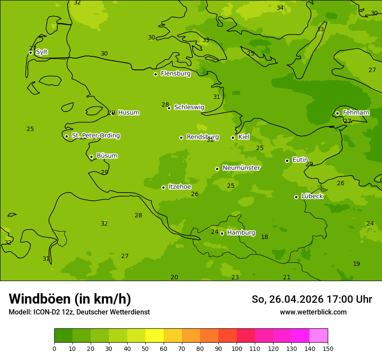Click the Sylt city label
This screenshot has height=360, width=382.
point(42,52)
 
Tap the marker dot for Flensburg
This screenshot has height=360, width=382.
point(155,74)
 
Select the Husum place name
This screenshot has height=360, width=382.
point(128,113)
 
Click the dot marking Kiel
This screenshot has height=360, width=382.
point(233,137)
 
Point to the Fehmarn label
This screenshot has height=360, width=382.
point(356,113)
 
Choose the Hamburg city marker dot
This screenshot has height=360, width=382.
point(222,233)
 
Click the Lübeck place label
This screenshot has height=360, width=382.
point(312,196)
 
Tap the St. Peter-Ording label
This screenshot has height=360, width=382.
point(95,135)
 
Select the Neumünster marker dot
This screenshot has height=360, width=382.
point(217,169)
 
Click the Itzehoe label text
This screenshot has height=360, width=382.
point(180,187)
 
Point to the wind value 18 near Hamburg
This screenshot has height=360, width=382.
point(264,237)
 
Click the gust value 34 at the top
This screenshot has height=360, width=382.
point(280,8)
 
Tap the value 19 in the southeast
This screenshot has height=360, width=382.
point(356,264)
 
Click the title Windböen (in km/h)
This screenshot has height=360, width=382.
point(70,299)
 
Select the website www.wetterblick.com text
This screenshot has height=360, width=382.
point(313,312)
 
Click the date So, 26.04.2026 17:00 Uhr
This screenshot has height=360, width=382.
point(312,299)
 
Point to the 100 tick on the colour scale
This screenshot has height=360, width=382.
point(237,348)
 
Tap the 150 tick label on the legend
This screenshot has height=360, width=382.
point(327,348)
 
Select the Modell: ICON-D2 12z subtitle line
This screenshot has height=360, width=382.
point(79,312)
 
